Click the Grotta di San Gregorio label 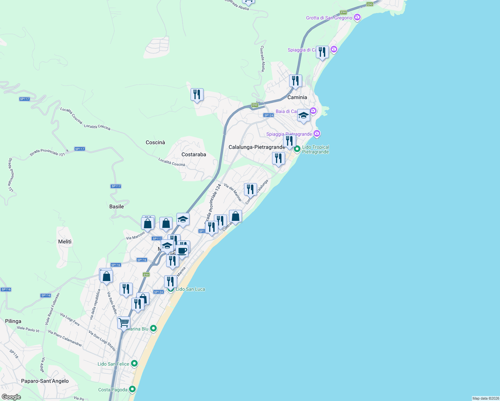(x=329, y=18)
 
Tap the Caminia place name (x=297, y=97)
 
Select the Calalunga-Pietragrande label (x=257, y=147)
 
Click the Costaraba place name (x=194, y=154)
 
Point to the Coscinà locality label (x=155, y=142)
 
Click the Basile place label (x=117, y=207)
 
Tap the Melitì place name (x=65, y=242)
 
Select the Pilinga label (x=13, y=321)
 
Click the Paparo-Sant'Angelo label (x=45, y=381)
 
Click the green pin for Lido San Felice (x=134, y=363)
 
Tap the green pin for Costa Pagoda (x=132, y=389)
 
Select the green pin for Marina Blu (x=153, y=328)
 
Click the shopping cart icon (x=124, y=323)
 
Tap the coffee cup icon (x=182, y=250)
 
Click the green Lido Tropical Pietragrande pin (x=297, y=149)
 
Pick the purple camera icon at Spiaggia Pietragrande (x=317, y=134)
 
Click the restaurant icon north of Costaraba (x=197, y=95)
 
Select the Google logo (x=11, y=397)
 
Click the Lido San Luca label (x=191, y=289)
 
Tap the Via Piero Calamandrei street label (x=65, y=338)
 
